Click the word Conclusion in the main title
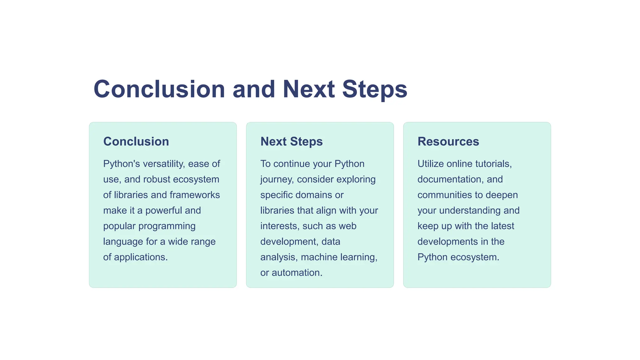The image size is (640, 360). pos(159,89)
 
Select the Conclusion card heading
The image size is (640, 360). pos(136,142)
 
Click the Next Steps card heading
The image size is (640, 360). pos(291,142)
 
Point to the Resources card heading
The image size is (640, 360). pos(448,142)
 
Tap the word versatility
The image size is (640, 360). pos(164,164)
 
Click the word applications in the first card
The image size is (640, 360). pos(141,257)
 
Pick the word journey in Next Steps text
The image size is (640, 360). pos(277,179)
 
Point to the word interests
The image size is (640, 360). pos(280,226)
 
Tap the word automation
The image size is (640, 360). pos(297,273)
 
